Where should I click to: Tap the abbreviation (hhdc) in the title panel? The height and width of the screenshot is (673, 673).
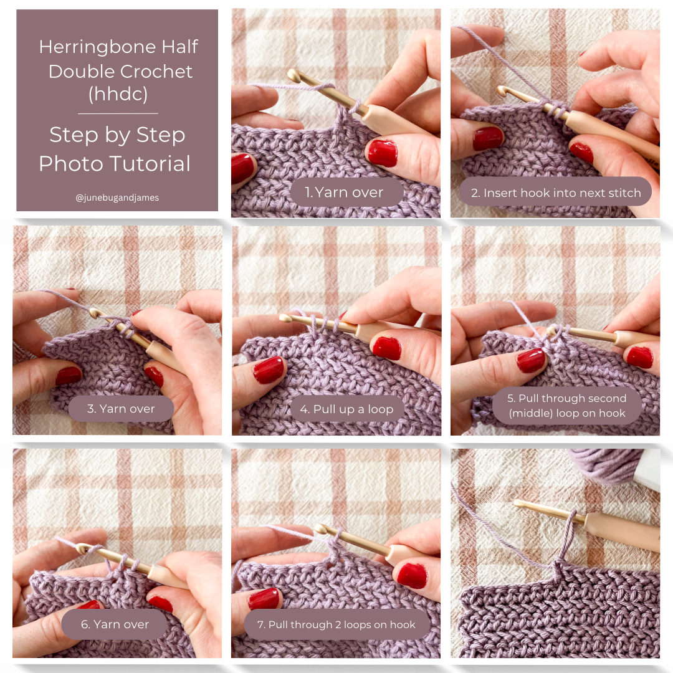118,94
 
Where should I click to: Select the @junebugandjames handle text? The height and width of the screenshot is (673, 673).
117,198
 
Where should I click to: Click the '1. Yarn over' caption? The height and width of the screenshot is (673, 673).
344,193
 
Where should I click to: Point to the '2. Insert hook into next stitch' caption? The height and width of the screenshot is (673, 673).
556,193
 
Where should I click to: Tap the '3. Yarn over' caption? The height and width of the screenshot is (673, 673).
121,409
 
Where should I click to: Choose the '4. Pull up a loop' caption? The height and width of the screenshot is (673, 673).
346,409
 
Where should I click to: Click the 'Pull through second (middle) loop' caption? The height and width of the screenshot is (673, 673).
567,406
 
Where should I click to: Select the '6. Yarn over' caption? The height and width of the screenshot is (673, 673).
115,624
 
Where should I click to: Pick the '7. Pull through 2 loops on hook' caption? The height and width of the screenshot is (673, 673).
336,624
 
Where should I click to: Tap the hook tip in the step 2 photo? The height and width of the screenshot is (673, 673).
502,90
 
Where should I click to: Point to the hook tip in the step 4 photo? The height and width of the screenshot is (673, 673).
284,318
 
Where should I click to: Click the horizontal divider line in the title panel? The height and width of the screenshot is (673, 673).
118,114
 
